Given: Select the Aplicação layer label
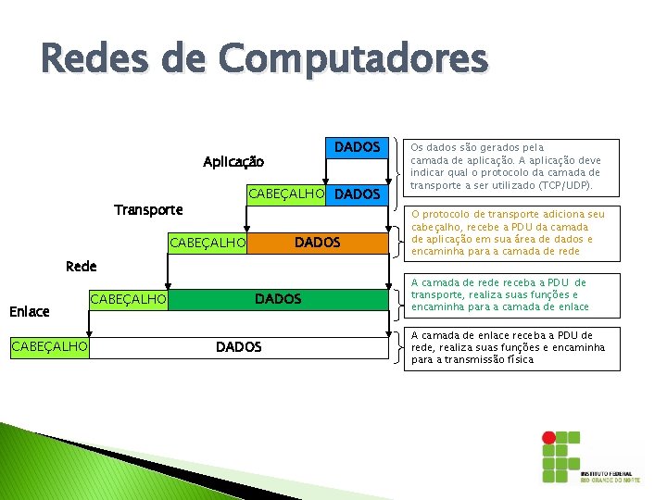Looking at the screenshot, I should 233,162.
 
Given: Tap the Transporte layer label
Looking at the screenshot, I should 148,210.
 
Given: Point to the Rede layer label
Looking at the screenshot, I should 82,267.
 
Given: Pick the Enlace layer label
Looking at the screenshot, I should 30,313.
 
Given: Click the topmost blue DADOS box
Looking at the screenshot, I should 357,147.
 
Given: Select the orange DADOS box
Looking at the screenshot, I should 317,243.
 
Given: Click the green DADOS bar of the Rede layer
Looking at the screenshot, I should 278,299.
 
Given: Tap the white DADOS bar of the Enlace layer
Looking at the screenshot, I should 238,347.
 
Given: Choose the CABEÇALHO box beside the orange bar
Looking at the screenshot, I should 208,243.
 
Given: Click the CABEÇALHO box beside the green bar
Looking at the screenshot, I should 128,299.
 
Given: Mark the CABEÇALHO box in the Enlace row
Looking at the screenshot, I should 49,347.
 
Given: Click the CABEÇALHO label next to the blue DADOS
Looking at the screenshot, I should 285,194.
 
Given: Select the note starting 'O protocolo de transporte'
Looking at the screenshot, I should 509,232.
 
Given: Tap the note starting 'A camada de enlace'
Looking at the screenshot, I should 509,347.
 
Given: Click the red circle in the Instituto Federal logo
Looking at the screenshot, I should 549,436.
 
